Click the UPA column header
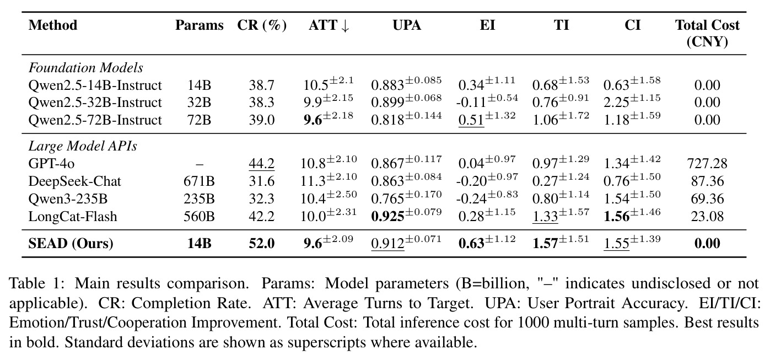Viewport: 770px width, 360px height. click(x=407, y=25)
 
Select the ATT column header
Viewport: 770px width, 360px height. click(x=329, y=25)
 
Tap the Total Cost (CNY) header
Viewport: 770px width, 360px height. click(x=707, y=33)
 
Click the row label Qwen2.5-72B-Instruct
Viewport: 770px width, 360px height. click(x=95, y=120)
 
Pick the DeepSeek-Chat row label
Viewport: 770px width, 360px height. click(x=74, y=181)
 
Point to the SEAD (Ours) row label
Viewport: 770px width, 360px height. click(x=71, y=244)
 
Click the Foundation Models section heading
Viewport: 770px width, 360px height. click(x=85, y=68)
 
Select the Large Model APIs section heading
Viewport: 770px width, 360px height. click(x=83, y=146)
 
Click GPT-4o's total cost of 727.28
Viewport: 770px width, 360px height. click(x=707, y=164)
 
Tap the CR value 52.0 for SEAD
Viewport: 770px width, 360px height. click(x=262, y=244)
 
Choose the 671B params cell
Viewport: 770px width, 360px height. click(x=199, y=181)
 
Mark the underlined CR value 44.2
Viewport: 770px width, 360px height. click(x=262, y=164)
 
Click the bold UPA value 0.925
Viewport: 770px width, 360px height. click(x=387, y=216)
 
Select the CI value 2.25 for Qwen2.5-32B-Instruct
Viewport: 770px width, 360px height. click(x=616, y=103)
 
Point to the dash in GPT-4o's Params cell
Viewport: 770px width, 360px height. click(x=200, y=164)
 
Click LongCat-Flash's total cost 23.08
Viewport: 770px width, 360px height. click(x=707, y=216)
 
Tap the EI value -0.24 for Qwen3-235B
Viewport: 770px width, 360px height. click(x=471, y=198)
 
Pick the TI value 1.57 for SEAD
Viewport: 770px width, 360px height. click(x=545, y=244)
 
